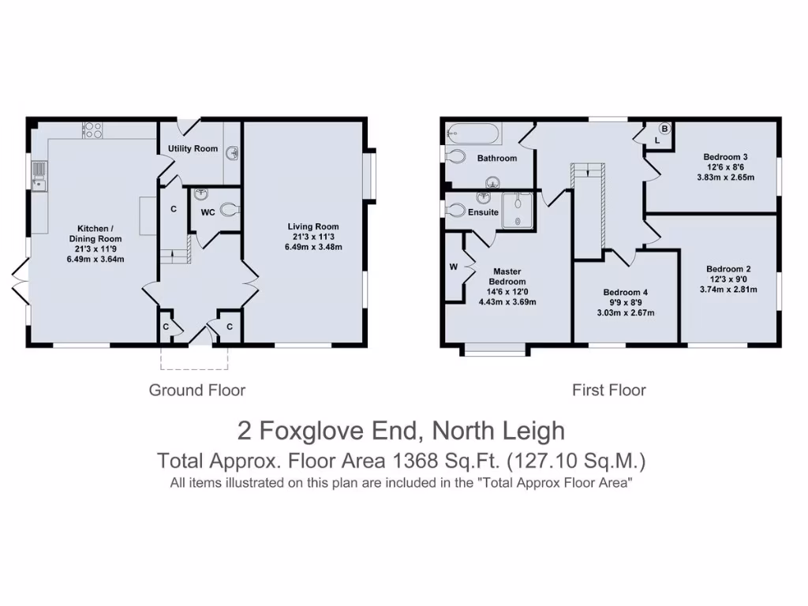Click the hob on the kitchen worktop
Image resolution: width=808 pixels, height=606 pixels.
click(x=92, y=129)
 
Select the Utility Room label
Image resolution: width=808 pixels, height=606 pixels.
click(x=193, y=148)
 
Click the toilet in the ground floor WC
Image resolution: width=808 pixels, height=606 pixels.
click(x=228, y=210)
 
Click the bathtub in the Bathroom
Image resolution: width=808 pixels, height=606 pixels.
click(x=472, y=133)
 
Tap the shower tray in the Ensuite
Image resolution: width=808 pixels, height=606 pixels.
click(x=518, y=209)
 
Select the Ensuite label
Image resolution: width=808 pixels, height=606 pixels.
click(x=483, y=212)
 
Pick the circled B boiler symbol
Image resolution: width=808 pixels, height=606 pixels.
click(x=664, y=129)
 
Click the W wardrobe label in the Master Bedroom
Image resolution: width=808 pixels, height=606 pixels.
click(x=454, y=267)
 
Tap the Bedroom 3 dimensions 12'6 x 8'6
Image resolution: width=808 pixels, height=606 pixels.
click(x=725, y=167)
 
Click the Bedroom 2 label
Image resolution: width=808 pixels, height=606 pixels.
click(x=725, y=268)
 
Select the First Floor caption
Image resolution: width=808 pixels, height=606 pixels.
click(x=608, y=390)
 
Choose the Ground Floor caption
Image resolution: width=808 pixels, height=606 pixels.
click(x=197, y=390)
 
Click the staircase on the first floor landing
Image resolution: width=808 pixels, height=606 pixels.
click(x=588, y=209)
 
